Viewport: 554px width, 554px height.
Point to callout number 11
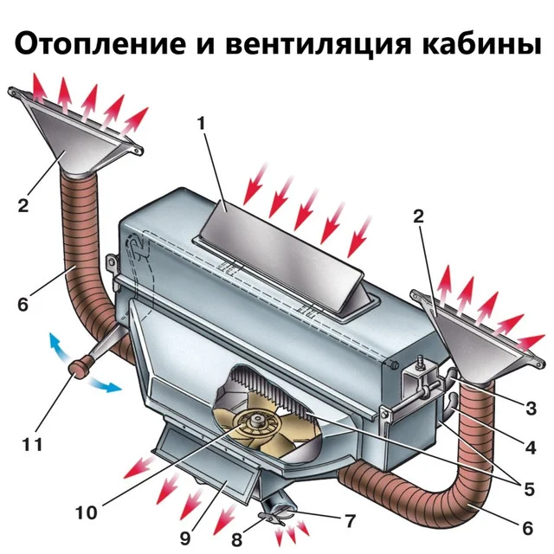pyautogui.click(x=34, y=446)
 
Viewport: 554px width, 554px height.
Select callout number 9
pyautogui.click(x=185, y=537)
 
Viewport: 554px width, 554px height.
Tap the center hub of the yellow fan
pyautogui.click(x=256, y=423)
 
